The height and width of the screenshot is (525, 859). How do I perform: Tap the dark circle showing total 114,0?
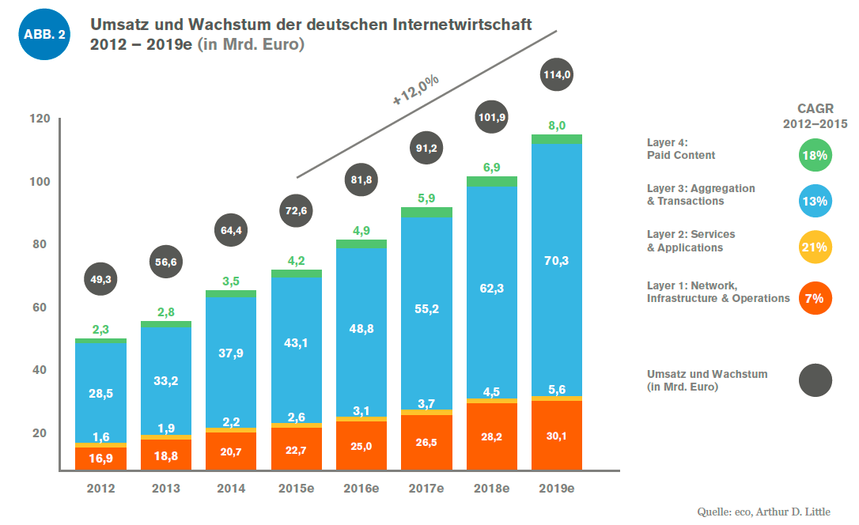(557, 75)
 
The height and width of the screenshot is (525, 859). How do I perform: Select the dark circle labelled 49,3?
(101, 278)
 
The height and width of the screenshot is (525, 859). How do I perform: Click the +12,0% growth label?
(415, 90)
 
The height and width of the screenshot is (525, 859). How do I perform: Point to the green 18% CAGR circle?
(815, 156)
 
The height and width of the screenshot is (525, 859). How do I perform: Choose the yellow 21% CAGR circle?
(815, 247)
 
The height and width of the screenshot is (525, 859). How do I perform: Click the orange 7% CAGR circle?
(815, 298)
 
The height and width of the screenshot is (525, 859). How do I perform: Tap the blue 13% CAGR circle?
(815, 202)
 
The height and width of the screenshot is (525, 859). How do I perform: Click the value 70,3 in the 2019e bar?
(557, 259)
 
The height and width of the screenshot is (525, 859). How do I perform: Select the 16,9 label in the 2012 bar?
(101, 458)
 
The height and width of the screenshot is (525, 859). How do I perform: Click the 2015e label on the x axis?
(296, 489)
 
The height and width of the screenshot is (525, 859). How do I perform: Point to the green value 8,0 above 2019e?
(557, 125)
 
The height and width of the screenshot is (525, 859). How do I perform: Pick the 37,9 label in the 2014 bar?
(231, 353)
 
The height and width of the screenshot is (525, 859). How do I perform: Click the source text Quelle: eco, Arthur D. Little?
(763, 512)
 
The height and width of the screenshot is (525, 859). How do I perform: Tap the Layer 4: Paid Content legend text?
(681, 149)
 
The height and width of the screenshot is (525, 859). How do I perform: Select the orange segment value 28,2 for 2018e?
(491, 436)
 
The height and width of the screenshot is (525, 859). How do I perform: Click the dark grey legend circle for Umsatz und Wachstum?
(815, 380)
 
